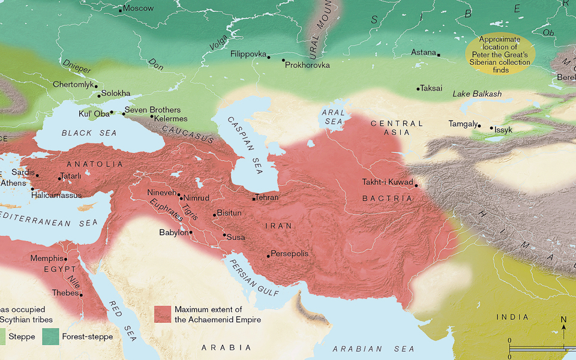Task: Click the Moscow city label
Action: click(139, 8)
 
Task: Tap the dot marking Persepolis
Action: click(268, 256)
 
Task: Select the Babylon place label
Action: click(173, 232)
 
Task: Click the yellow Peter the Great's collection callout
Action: click(497, 54)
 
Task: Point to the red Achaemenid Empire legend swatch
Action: click(163, 314)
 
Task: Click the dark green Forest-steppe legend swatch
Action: click(50, 337)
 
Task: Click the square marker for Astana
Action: click(439, 55)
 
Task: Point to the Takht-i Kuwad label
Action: click(388, 182)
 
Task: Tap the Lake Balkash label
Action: click(476, 94)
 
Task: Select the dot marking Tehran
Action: click(254, 198)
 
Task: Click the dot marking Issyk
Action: click(491, 128)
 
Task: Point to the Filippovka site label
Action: click(248, 54)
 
